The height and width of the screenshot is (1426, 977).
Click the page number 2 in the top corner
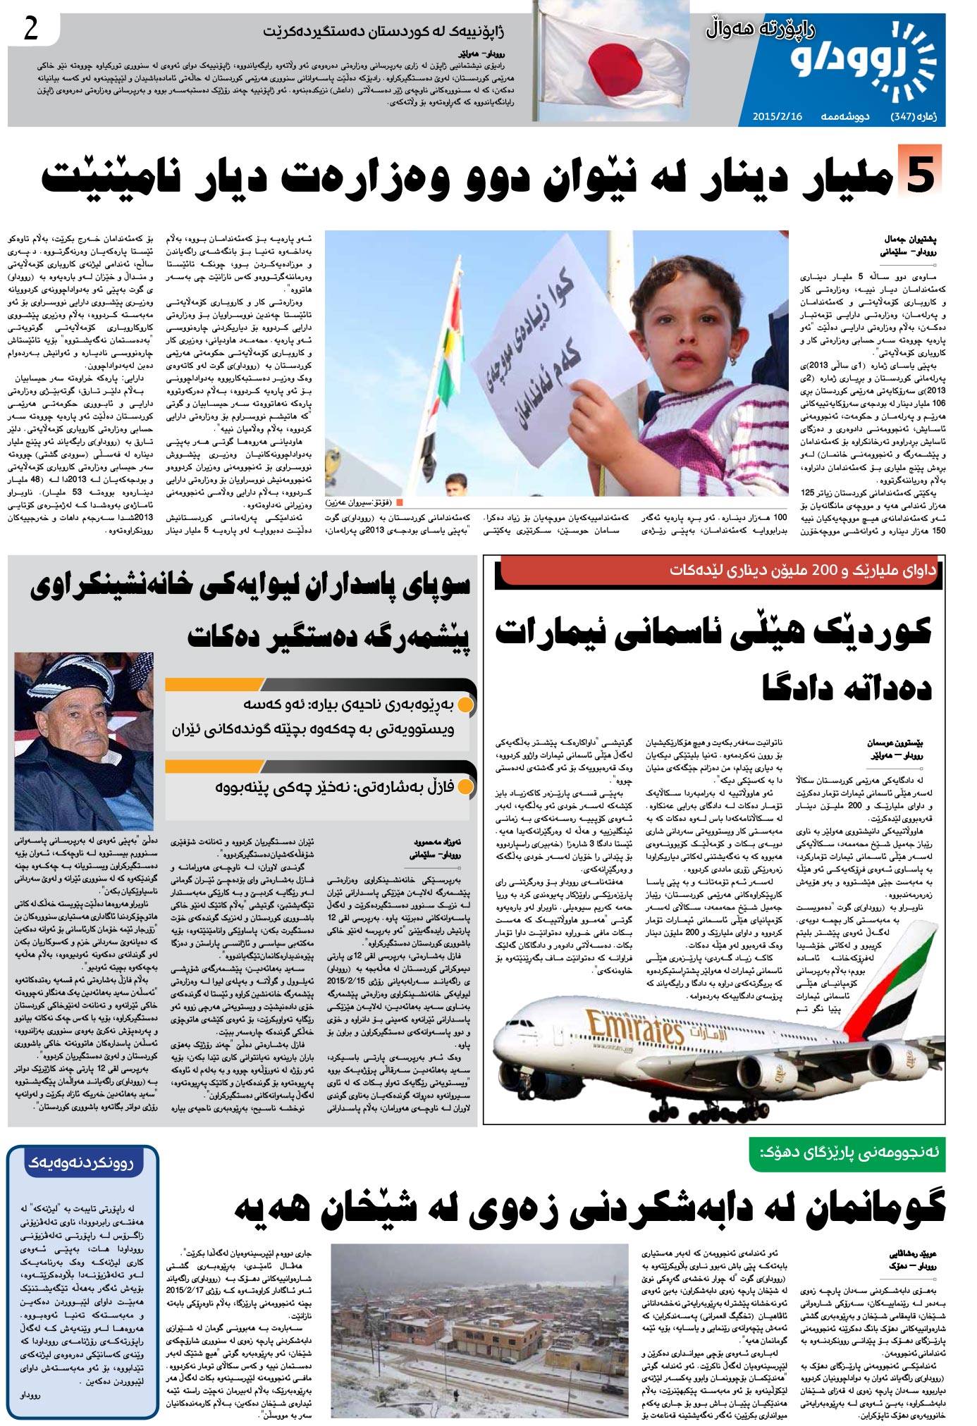pos(31,30)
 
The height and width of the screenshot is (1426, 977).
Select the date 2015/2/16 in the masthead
pos(777,116)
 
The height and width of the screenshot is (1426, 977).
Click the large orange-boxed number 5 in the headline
pos(920,171)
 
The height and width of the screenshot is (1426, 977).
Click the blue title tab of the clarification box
pos(81,1162)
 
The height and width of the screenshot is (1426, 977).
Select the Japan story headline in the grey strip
pos(383,32)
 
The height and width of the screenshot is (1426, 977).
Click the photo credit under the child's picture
pos(363,502)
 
